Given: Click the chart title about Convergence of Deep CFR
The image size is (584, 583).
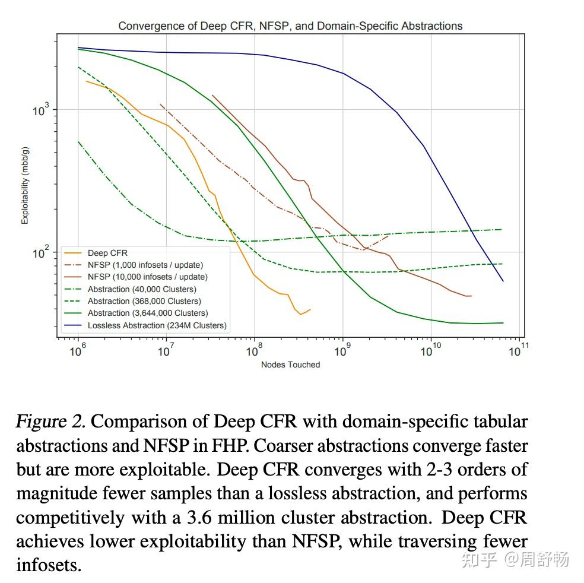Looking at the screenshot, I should coord(290,26).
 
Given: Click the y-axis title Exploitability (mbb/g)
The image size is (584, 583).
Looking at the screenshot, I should coord(25,185).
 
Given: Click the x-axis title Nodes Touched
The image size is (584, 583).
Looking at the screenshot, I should coord(290,365).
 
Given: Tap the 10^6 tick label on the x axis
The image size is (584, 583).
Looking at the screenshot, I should coord(77,351).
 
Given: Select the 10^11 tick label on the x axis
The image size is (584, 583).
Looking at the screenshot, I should coord(516,351).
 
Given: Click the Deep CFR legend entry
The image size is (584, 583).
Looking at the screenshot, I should coord(107,253).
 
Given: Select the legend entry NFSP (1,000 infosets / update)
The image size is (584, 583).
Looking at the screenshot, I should coord(145,265).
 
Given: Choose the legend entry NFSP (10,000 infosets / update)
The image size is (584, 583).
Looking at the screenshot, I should coord(147,277).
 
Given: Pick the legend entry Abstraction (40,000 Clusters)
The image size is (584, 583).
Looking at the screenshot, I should coord(141,289).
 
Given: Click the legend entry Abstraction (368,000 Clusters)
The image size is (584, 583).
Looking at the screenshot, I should coord(144,301).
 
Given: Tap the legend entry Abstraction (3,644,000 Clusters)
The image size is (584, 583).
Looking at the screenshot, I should coord(147,313).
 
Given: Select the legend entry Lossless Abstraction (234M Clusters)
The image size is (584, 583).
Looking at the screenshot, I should coord(157,325).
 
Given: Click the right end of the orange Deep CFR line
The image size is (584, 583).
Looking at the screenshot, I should coord(310,309).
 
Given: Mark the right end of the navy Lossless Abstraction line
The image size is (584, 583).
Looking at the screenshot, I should coord(503,281).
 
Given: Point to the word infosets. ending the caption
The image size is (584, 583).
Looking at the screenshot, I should coord(49,565).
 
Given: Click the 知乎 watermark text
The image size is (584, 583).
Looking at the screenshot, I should coord(479,559).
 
